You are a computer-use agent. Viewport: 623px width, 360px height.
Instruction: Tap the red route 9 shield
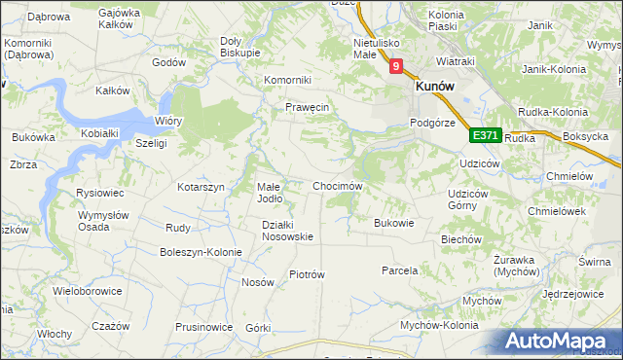pos(396,67)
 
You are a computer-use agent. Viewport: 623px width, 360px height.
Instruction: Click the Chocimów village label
pos(338,186)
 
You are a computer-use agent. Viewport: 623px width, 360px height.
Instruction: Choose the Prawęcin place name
pos(309,107)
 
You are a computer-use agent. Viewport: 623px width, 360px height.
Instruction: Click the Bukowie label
pos(394,223)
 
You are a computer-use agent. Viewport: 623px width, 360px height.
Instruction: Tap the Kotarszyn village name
pos(201,186)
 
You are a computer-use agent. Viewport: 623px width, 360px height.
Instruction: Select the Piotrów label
pos(307,274)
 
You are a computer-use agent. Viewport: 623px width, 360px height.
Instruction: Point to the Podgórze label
pos(433,123)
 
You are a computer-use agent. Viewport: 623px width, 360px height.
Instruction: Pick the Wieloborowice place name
pos(88,290)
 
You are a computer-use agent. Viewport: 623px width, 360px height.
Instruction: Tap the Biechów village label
pos(461,238)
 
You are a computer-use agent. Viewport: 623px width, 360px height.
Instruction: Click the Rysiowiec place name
pos(97,193)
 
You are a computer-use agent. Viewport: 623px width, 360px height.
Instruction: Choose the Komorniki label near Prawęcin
pos(288,80)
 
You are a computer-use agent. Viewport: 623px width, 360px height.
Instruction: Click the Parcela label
pos(400,270)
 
